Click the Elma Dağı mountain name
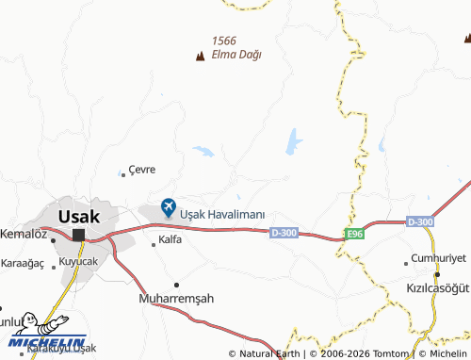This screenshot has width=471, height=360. [x=236, y=55]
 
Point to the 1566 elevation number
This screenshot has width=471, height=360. [x=224, y=40]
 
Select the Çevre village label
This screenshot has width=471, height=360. [x=141, y=170]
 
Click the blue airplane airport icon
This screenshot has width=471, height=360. [x=169, y=206]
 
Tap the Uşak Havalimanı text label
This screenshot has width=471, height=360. [x=222, y=213]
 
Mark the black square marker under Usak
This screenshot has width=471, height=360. [x=79, y=235]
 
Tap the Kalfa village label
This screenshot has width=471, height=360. [x=170, y=239]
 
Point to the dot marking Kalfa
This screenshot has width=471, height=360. [x=154, y=244]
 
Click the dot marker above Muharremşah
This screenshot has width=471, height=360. [x=176, y=284]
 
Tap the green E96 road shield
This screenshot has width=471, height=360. [x=353, y=233]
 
